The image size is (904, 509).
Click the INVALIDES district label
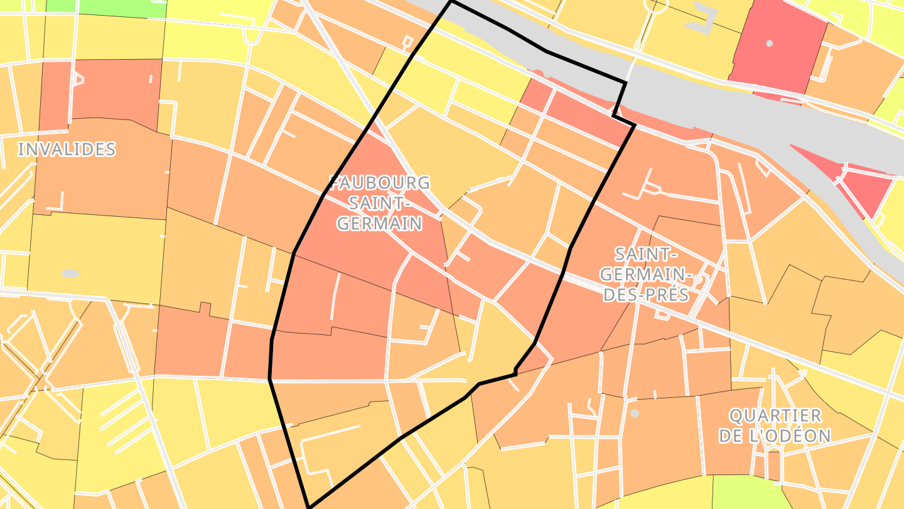pos(67,150)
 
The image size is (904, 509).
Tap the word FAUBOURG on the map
pos(380,183)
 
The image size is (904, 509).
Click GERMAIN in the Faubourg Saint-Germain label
pos(379,224)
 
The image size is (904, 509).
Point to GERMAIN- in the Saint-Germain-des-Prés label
pos(647,275)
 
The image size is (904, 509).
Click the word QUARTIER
pos(775,415)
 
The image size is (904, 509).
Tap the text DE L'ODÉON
pos(775,435)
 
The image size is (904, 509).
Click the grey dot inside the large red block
pos(770,43)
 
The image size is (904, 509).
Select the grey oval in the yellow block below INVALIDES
pos(70,273)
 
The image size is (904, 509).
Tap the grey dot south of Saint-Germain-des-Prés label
pos(635,413)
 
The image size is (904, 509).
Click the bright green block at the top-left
pos(107,8)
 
